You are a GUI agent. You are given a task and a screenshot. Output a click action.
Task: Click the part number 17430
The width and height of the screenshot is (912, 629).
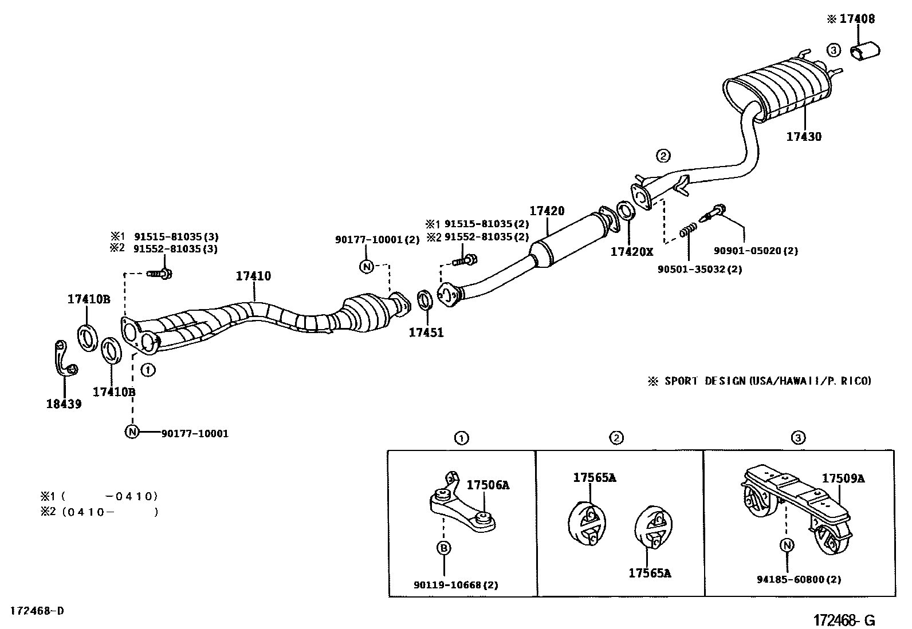(x=803, y=137)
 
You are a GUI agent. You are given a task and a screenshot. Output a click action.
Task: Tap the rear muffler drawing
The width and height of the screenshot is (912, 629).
(x=779, y=92)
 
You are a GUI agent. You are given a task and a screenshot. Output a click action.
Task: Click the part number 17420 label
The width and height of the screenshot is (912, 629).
(x=547, y=211)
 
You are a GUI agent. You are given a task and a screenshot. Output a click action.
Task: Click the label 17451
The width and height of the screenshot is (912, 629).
(x=426, y=332)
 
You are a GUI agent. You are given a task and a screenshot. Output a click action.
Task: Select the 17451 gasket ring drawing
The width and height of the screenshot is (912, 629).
(x=425, y=299)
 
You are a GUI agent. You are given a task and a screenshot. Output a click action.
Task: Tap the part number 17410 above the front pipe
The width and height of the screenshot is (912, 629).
(x=253, y=276)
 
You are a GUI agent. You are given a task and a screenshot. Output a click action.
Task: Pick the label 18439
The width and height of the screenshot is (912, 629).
(x=64, y=404)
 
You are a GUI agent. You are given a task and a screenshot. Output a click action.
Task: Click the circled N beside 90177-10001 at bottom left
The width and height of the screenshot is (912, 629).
(x=132, y=432)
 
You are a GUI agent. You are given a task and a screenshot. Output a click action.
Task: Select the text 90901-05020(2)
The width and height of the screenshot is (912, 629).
(x=756, y=250)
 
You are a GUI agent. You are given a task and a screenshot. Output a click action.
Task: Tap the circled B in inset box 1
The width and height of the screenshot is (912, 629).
(x=444, y=548)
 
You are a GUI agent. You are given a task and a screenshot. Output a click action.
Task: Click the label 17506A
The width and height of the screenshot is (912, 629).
(x=488, y=485)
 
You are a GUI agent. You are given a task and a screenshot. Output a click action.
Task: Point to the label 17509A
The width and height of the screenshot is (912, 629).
(x=843, y=478)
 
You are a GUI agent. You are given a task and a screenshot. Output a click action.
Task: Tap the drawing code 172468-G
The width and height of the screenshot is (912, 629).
(x=844, y=620)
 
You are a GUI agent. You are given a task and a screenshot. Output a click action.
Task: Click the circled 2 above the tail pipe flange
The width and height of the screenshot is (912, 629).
(x=663, y=155)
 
